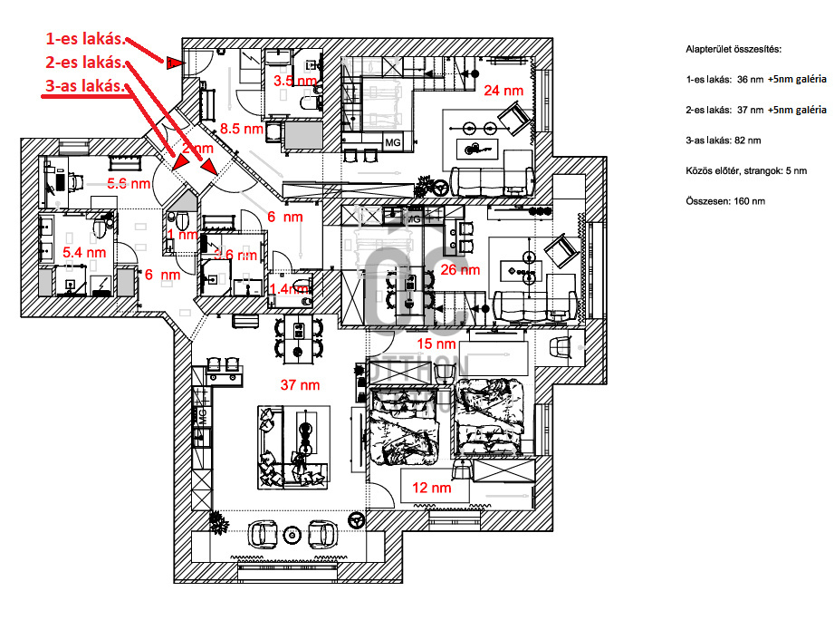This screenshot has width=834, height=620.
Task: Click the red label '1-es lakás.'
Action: (85, 40)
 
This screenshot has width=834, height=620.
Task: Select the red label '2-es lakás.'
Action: (85, 63)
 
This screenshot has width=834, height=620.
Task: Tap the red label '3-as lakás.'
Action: (85, 87)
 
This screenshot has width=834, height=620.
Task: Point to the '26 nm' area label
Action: (460, 270)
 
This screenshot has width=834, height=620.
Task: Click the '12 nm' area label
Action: (432, 488)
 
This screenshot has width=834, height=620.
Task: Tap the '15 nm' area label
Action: (436, 344)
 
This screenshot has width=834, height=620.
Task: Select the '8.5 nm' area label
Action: (242, 129)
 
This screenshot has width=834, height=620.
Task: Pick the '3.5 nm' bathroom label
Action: (295, 81)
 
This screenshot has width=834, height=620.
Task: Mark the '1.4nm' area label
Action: (288, 288)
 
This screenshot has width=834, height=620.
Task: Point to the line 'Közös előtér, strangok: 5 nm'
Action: (748, 170)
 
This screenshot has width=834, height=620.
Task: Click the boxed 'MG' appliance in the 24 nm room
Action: (393, 143)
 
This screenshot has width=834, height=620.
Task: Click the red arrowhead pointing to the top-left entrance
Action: (174, 63)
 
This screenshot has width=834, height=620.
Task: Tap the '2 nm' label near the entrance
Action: (197, 148)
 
